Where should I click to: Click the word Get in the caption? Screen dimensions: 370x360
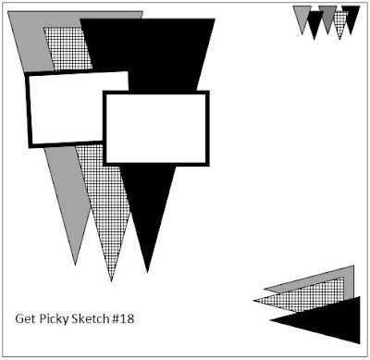(23, 318)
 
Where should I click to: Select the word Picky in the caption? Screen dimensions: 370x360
(54, 319)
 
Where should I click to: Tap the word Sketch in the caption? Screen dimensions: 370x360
(91, 318)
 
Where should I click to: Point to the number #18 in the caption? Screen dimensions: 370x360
(123, 318)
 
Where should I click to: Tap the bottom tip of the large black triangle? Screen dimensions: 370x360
(147, 272)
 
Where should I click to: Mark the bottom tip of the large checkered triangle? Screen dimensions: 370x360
(111, 281)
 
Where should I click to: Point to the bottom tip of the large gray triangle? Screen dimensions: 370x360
(75, 265)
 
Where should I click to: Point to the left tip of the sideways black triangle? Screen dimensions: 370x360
(270, 321)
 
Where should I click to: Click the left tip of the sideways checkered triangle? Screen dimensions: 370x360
(254, 300)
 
